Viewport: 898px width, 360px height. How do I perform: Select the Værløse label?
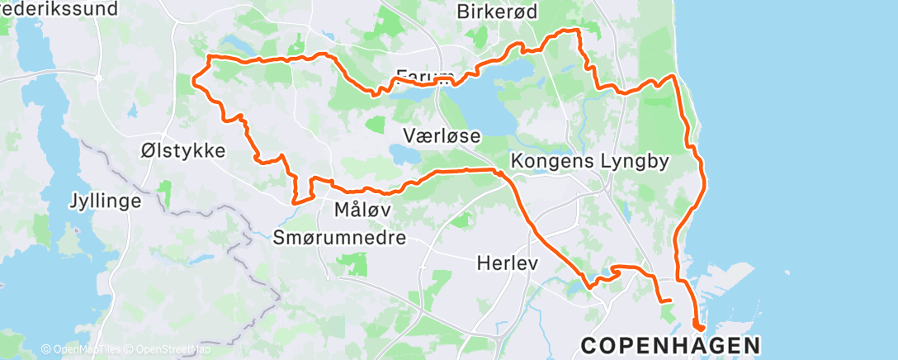pyautogui.click(x=442, y=135)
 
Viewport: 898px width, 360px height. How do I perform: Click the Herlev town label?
pyautogui.click(x=508, y=264)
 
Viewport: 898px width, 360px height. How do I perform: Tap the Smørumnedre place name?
pyautogui.click(x=339, y=238)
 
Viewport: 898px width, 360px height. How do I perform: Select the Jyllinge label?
pyautogui.click(x=105, y=200)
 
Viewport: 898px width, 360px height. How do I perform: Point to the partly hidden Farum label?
pyautogui.click(x=425, y=75)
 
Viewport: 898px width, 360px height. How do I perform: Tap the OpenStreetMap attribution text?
pyautogui.click(x=165, y=349)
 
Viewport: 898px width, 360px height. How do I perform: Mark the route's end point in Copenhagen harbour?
pyautogui.click(x=697, y=329)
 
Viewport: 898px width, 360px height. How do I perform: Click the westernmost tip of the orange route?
pyautogui.click(x=194, y=80)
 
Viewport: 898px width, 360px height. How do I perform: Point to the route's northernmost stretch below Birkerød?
pyautogui.click(x=566, y=31)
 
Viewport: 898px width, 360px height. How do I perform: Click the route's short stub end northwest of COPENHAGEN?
pyautogui.click(x=670, y=301)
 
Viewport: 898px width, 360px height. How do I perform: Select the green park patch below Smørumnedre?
pyautogui.click(x=352, y=265)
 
